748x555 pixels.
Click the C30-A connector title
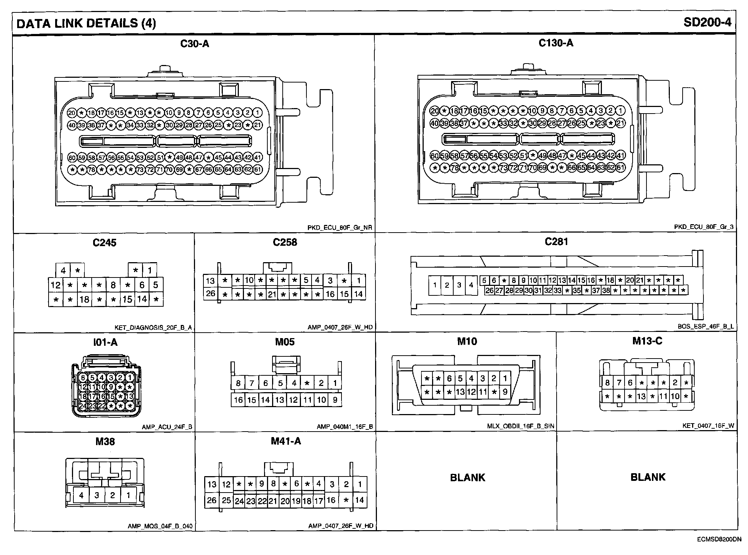pyautogui.click(x=195, y=44)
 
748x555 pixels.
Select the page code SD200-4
pyautogui.click(x=707, y=23)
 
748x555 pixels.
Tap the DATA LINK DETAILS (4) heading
pyautogui.click(x=86, y=23)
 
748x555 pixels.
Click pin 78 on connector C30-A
pyautogui.click(x=91, y=169)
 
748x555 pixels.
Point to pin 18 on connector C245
pyautogui.click(x=84, y=299)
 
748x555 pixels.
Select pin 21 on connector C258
pyautogui.click(x=271, y=294)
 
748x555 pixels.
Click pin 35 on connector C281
pyautogui.click(x=577, y=291)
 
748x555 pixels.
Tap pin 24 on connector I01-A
pyautogui.click(x=83, y=406)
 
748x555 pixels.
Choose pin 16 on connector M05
pyautogui.click(x=238, y=400)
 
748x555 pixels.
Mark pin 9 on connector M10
pyautogui.click(x=505, y=392)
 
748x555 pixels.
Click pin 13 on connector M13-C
pyautogui.click(x=641, y=397)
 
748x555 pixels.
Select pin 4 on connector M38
pyautogui.click(x=81, y=495)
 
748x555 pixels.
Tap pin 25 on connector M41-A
pyautogui.click(x=226, y=500)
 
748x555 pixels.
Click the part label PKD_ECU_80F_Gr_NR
pyautogui.click(x=340, y=227)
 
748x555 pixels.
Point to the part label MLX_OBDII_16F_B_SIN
pyautogui.click(x=520, y=426)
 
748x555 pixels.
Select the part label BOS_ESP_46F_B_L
pyautogui.click(x=706, y=327)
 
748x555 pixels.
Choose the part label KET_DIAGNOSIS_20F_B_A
pyautogui.click(x=153, y=328)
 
